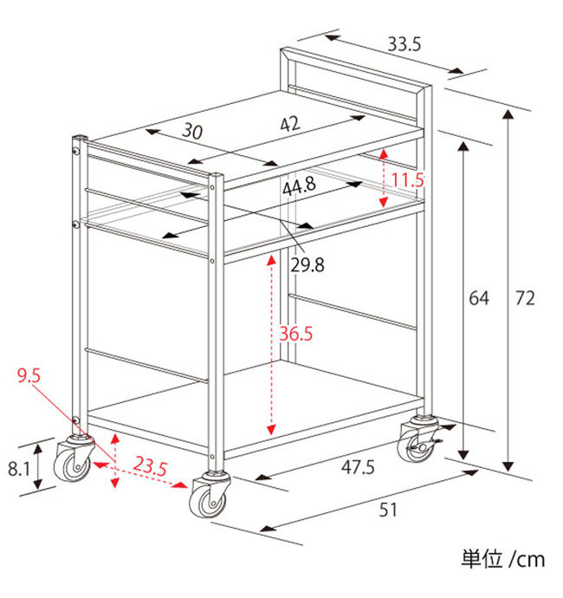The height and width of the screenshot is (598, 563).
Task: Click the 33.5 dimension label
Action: pos(404,44)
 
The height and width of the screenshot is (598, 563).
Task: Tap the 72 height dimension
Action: pos(525,298)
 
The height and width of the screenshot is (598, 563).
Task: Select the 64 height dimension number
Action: pos(479,298)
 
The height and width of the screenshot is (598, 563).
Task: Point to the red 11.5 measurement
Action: pos(408,179)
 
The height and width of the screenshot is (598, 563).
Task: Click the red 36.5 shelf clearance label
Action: pos(296,334)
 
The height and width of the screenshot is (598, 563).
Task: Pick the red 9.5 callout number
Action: pos(29,375)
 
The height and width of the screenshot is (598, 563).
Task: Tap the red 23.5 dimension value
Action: pos(150,466)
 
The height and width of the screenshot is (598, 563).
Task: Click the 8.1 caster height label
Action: pos(19,468)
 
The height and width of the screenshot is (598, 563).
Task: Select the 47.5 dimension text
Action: pos(358,467)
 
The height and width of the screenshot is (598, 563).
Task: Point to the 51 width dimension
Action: pos(388,510)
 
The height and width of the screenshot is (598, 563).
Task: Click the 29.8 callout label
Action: pos(307,265)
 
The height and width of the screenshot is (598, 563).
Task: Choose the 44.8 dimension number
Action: pos(299,186)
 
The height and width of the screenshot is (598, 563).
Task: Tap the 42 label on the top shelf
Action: pos(290,124)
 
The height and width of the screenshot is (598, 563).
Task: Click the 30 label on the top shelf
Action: pos(192,132)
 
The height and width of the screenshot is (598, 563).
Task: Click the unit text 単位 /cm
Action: pos(502,560)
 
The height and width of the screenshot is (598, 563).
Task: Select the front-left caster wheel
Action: pos(73,461)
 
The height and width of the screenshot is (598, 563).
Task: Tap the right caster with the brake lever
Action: pos(418,440)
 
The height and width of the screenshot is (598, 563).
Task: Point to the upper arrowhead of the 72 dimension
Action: pos(508,114)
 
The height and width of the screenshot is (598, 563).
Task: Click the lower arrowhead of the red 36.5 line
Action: pos(271,430)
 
